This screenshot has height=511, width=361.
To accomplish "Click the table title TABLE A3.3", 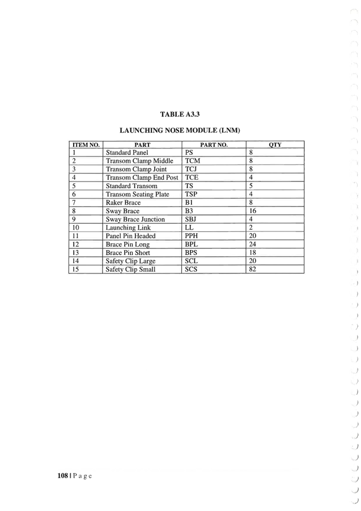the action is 180,115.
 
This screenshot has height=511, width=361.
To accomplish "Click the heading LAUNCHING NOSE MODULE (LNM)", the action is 180,130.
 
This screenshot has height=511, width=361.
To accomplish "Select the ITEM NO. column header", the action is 86,145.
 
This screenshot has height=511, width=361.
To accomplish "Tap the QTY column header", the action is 275,145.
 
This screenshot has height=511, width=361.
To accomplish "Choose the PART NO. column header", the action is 214,145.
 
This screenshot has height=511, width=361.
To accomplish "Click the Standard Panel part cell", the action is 127,153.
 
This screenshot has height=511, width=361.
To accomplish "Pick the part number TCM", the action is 193,161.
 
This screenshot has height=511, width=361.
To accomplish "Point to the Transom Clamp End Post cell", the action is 142,178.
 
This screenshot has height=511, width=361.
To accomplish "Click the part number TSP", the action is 191,194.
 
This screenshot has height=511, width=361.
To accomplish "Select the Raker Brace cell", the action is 123,202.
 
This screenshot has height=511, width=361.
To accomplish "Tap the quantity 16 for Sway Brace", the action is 253,211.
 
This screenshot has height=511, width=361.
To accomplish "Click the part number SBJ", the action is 190,219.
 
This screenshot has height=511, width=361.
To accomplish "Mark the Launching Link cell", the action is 128,227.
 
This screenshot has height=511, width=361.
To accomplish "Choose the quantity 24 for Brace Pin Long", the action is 253,244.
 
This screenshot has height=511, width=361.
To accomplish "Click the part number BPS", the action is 191,252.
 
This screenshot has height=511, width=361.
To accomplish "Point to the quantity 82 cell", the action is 253,269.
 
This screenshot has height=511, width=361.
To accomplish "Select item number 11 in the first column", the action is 75,236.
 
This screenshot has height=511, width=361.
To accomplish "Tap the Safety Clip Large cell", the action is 130,261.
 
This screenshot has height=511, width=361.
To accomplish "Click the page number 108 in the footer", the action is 62,476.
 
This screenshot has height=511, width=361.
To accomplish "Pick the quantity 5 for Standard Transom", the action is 251,186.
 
